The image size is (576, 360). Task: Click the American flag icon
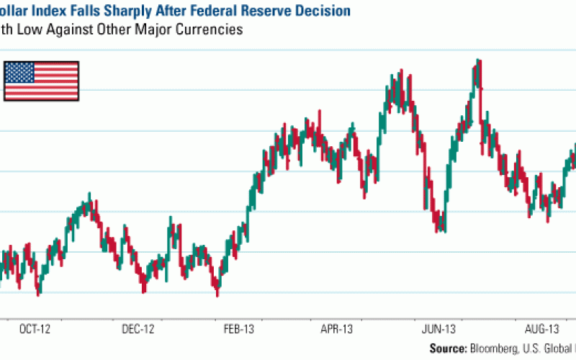click(41, 81)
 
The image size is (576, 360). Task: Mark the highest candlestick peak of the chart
click(477, 61)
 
